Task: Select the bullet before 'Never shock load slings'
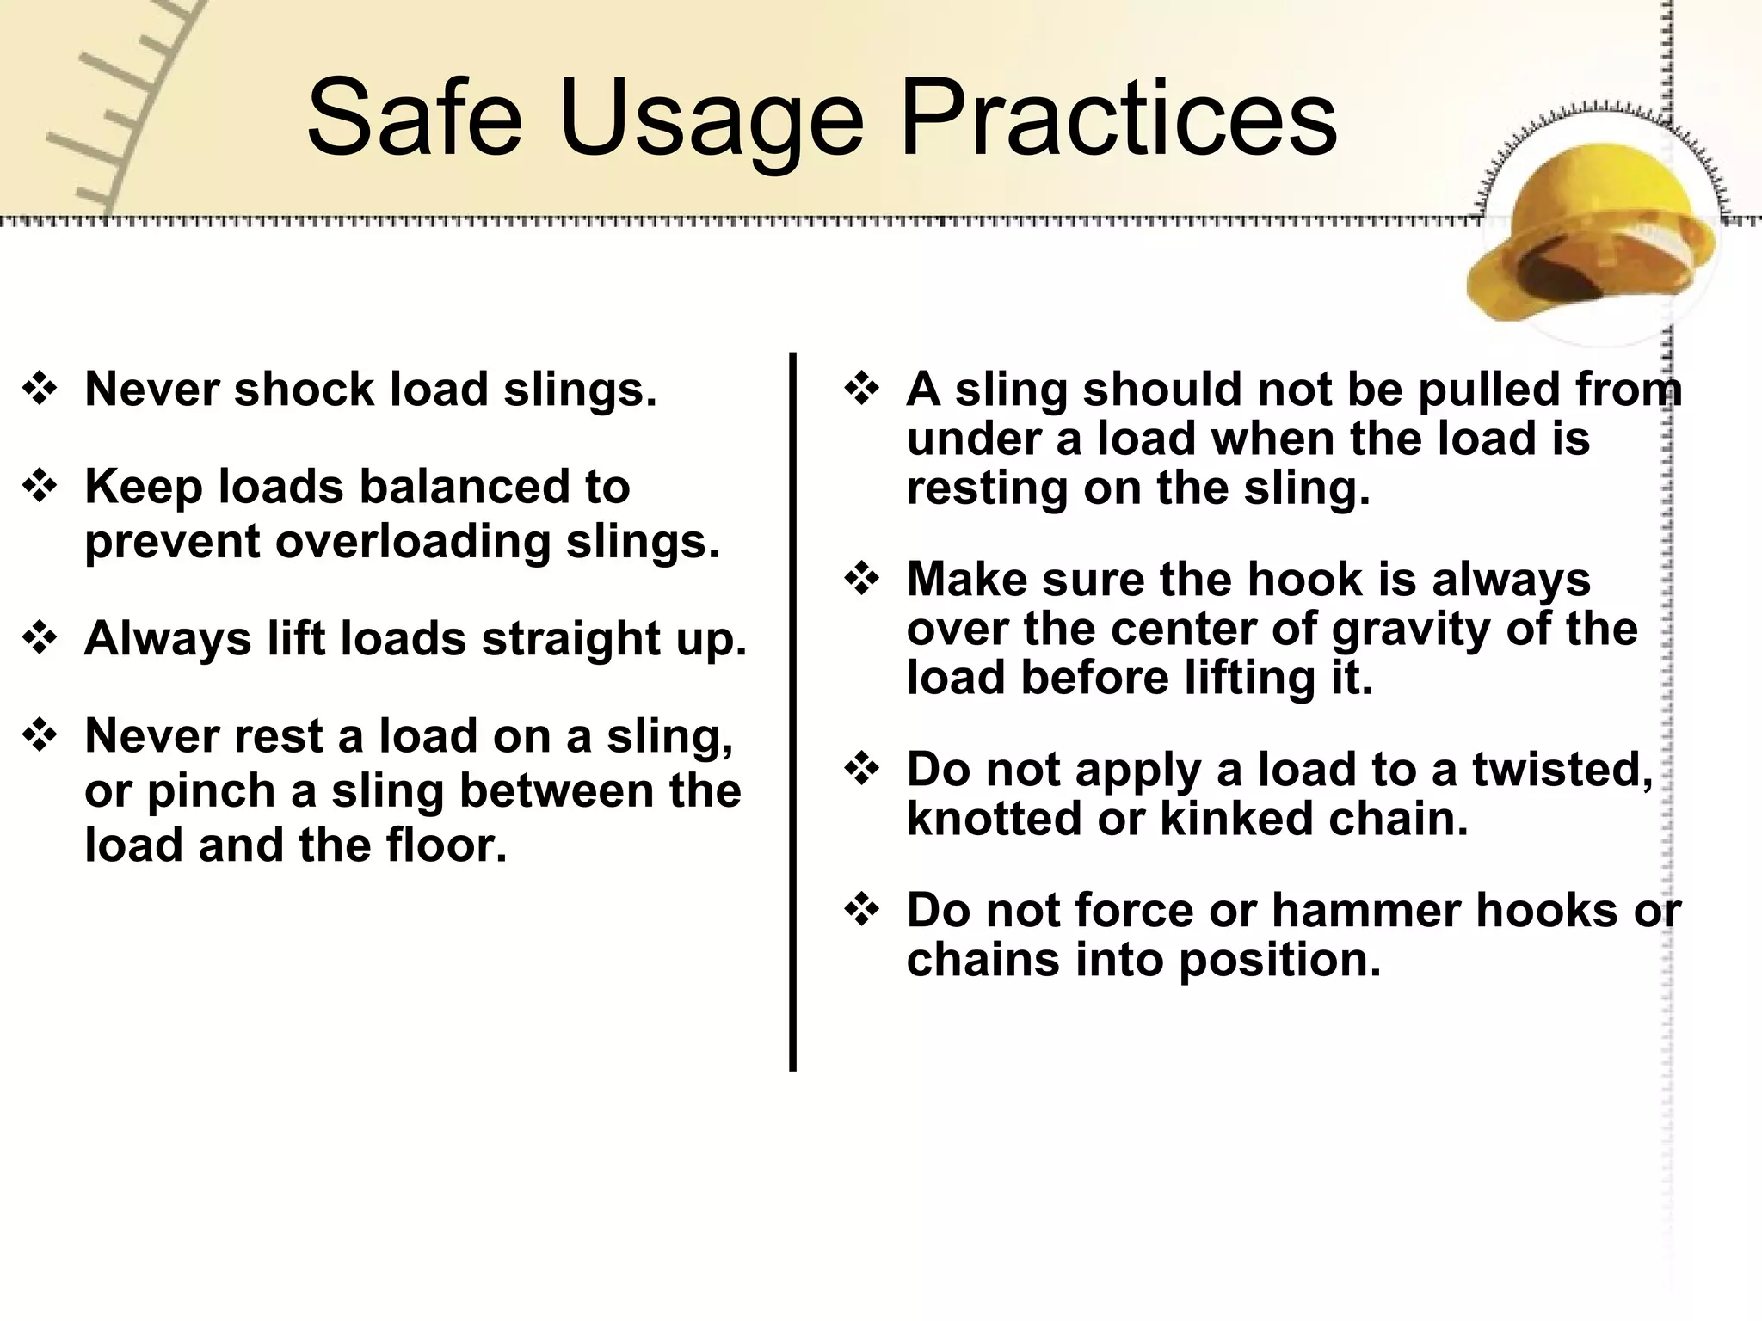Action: (40, 390)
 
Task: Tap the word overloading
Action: (412, 542)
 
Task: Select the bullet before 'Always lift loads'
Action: (40, 639)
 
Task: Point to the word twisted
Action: (1562, 770)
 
